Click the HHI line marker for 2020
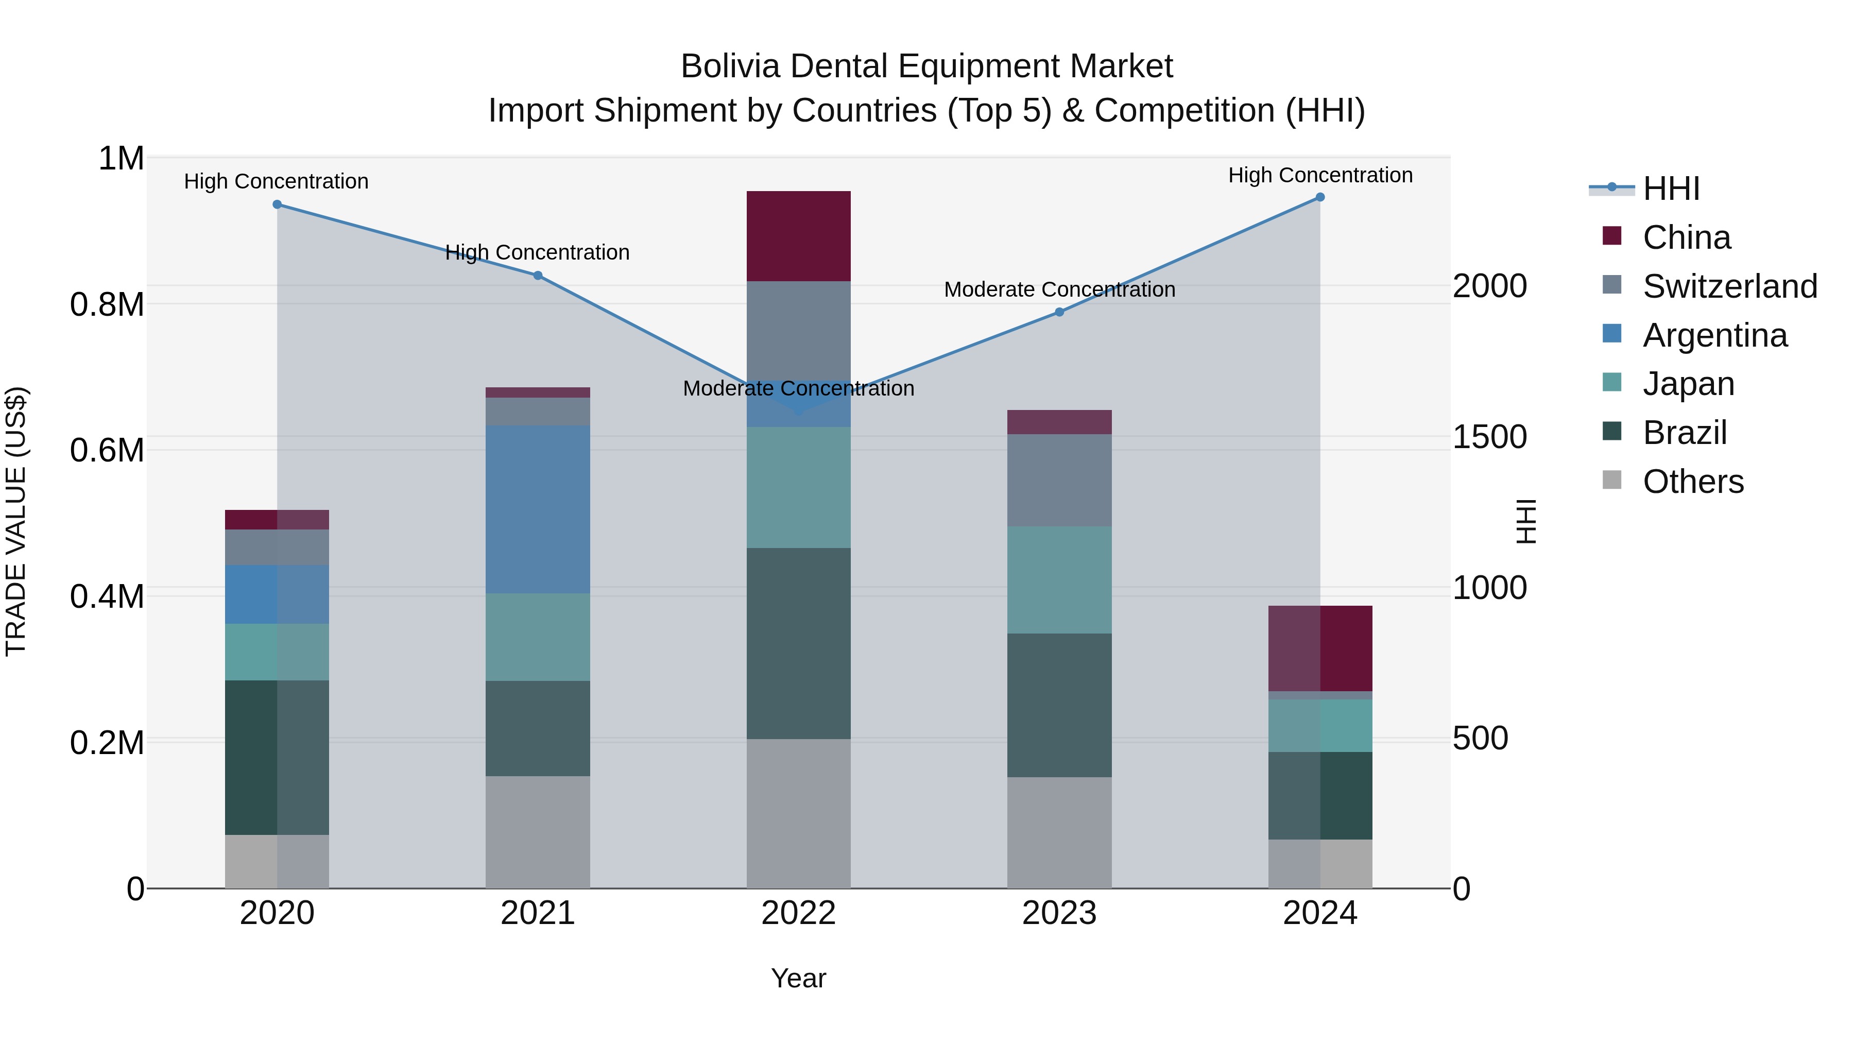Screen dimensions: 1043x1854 (x=277, y=204)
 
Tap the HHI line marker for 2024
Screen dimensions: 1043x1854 (x=1319, y=197)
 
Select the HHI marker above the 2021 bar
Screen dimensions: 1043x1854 (x=538, y=276)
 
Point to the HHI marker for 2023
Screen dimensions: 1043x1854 (x=1059, y=313)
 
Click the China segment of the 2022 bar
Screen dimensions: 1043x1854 (x=798, y=236)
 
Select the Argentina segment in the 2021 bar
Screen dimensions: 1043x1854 (x=538, y=509)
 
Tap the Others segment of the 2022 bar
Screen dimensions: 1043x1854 (x=798, y=813)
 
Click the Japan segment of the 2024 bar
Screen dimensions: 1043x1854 (x=1319, y=726)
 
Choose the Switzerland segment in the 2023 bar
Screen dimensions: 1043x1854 (x=1059, y=480)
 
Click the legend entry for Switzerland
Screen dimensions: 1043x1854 (x=1729, y=286)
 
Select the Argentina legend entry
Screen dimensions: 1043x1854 (x=1714, y=335)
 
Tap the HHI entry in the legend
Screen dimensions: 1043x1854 (x=1671, y=189)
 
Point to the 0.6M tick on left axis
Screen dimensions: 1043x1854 (x=107, y=451)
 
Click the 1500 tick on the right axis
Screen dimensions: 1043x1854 (x=1489, y=437)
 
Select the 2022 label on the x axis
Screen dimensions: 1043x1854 (x=798, y=913)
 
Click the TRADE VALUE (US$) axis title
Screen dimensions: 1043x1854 (x=16, y=521)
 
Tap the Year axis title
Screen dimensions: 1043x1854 (x=798, y=978)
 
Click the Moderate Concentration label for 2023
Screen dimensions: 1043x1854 (x=1059, y=289)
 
